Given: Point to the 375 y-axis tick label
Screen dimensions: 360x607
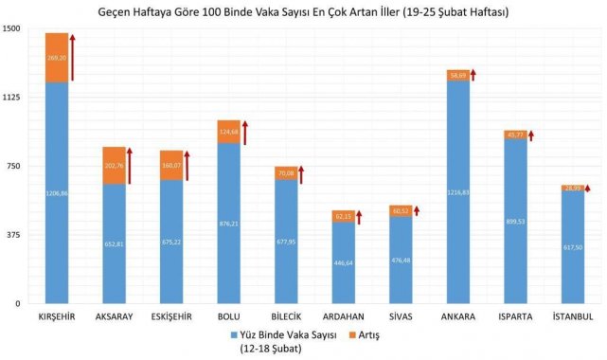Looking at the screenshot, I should tap(13, 235).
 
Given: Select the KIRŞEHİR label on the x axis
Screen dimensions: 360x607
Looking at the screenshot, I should tap(57, 316).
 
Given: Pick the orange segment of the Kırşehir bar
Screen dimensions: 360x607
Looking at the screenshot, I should tap(57, 58).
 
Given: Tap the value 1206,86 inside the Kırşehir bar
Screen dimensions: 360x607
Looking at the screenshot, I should tap(57, 193).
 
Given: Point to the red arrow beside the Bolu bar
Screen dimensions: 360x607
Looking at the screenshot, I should tap(244, 133).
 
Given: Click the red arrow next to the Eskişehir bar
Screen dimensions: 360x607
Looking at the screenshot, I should tap(187, 164).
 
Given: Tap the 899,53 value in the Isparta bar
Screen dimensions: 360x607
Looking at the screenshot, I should tap(515, 221).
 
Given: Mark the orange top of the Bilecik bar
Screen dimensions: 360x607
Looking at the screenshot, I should tap(286, 172).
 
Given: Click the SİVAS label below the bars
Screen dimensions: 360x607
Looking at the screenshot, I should tap(401, 316).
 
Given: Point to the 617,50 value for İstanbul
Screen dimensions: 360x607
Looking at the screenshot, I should tap(572, 247).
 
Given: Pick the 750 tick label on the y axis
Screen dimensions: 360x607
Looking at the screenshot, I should tap(13, 167).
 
